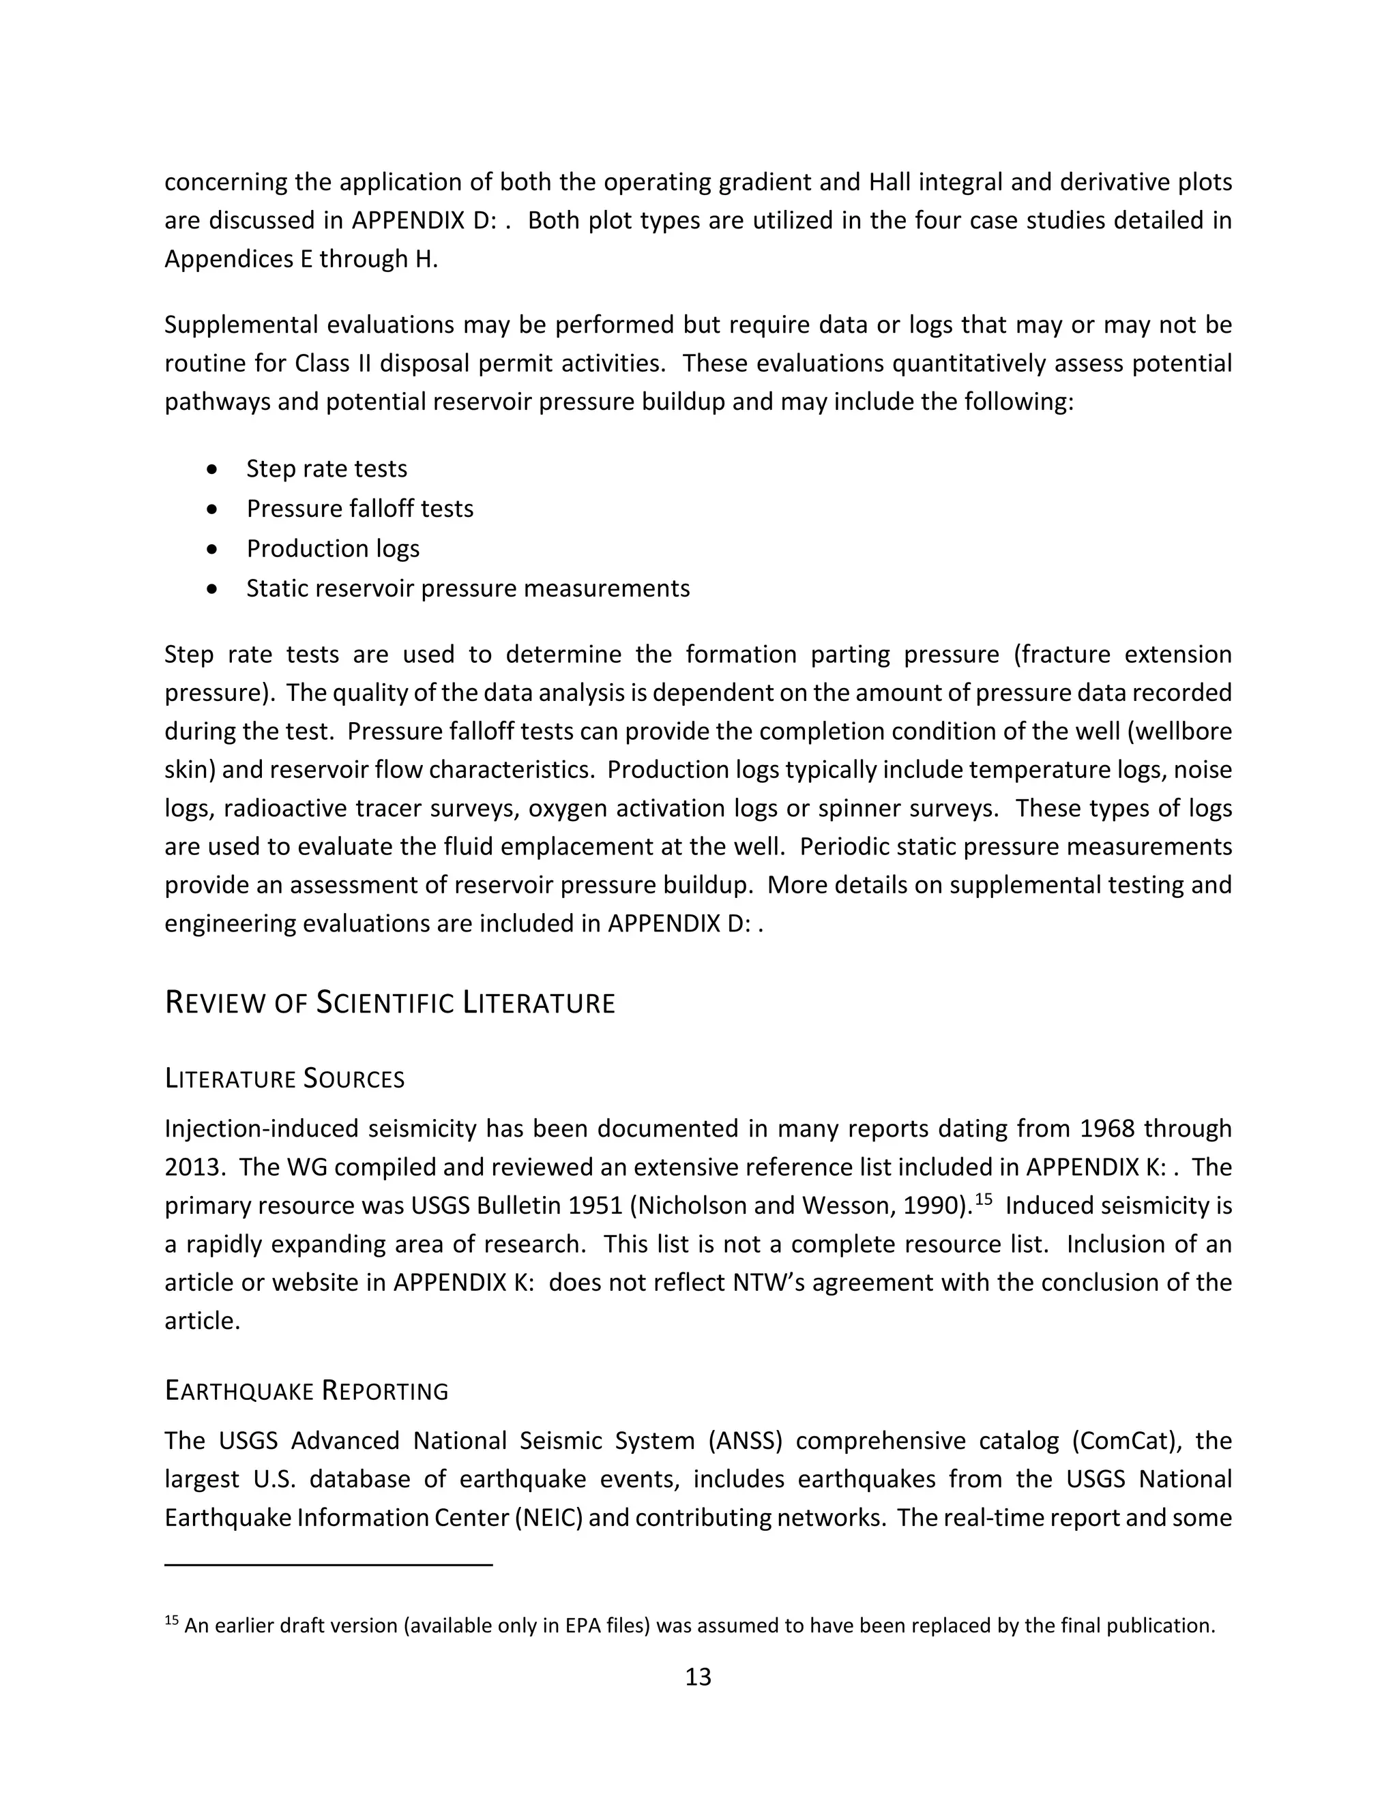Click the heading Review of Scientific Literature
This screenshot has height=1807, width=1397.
coord(389,1003)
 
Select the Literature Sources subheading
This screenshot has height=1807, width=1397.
coord(284,1079)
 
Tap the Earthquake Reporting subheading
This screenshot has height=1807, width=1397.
coord(306,1391)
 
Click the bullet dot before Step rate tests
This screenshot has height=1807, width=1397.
coord(214,469)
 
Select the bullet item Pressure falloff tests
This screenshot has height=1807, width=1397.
coord(359,508)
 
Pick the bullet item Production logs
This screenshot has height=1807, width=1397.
coord(333,548)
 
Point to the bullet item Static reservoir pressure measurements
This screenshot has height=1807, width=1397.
coord(467,588)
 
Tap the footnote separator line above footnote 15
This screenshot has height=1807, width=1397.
coord(329,1564)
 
